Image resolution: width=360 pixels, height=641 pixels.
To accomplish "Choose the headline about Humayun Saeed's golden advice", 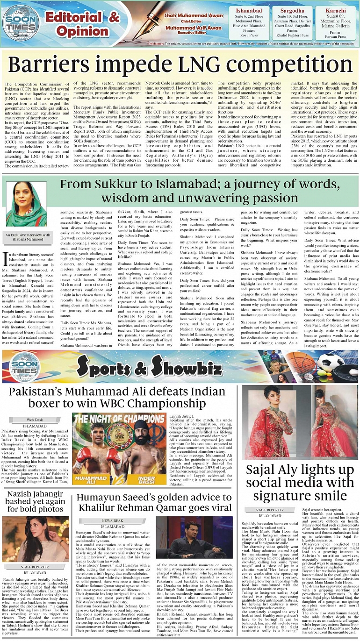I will tap(154, 503).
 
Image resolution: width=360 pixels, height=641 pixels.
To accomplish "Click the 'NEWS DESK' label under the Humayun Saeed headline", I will tap(112, 520).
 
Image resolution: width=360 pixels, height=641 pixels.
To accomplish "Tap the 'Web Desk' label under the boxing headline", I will tap(34, 420).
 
